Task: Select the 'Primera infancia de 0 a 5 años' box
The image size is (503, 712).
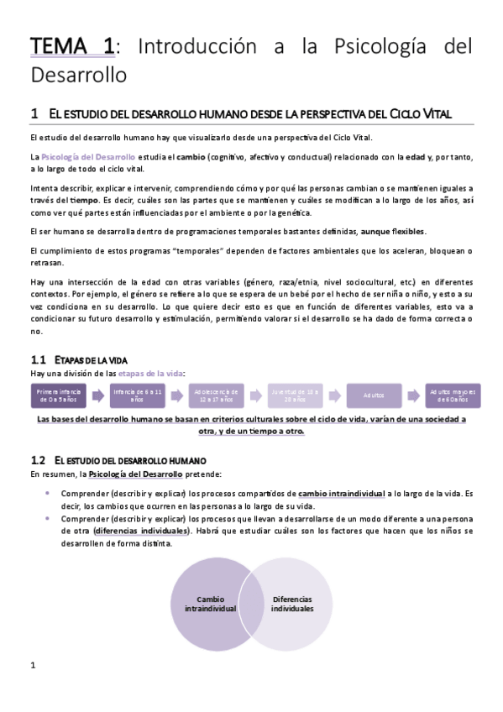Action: pyautogui.click(x=59, y=395)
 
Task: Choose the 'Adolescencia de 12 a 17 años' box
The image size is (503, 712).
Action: pyautogui.click(x=217, y=395)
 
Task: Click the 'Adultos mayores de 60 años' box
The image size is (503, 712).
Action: pyautogui.click(x=453, y=395)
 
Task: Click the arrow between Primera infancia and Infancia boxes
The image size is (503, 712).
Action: pyautogui.click(x=98, y=395)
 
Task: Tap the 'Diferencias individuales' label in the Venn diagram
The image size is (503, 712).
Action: pyautogui.click(x=293, y=604)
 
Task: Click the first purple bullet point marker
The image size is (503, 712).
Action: pyautogui.click(x=48, y=493)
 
